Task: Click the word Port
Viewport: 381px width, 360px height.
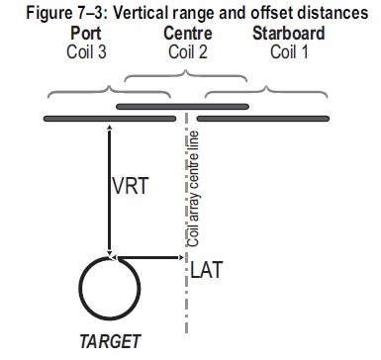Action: (86, 34)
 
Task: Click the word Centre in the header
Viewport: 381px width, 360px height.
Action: (188, 34)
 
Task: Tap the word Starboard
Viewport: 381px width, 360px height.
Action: (289, 34)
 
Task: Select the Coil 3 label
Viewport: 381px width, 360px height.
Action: (86, 51)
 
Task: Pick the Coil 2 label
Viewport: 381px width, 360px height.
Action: (188, 51)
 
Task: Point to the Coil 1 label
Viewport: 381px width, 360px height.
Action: (289, 51)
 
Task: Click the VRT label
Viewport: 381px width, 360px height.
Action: (131, 186)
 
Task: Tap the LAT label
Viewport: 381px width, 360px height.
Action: (207, 269)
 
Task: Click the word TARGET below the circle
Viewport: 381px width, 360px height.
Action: (110, 341)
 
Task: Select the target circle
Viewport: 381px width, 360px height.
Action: (79, 288)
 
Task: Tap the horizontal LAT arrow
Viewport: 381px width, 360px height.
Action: (148, 257)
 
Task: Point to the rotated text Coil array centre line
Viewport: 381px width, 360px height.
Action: (193, 189)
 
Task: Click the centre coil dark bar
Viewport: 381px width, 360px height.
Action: (182, 107)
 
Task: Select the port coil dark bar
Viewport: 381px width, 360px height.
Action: (110, 119)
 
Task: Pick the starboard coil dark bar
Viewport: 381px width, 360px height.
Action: (263, 119)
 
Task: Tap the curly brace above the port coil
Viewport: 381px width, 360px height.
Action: (109, 89)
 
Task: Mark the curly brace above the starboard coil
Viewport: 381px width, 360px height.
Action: (266, 89)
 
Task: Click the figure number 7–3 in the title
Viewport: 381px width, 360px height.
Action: (91, 13)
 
